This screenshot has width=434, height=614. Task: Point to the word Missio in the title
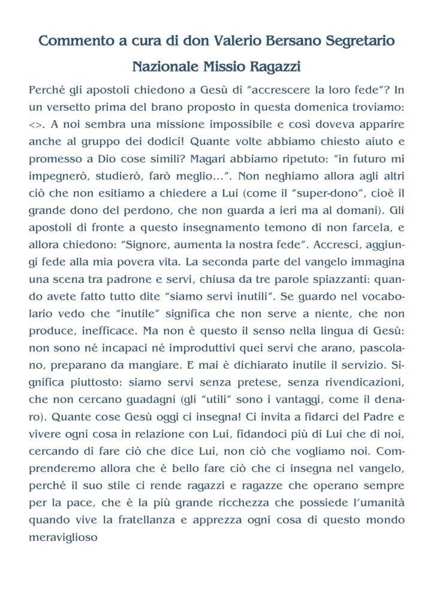pos(230,65)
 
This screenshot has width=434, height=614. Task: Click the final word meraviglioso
pos(63,537)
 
